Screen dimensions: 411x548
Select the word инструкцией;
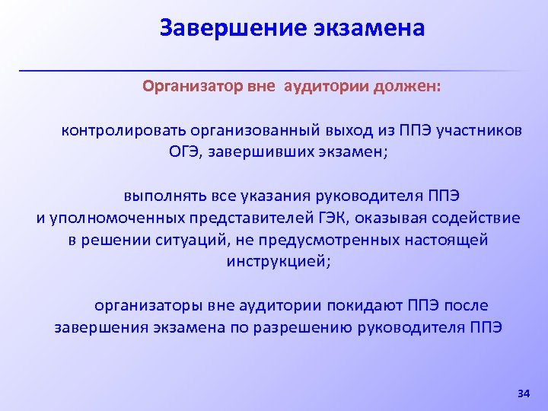279,261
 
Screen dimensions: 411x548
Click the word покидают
362,305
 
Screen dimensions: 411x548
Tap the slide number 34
523,393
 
